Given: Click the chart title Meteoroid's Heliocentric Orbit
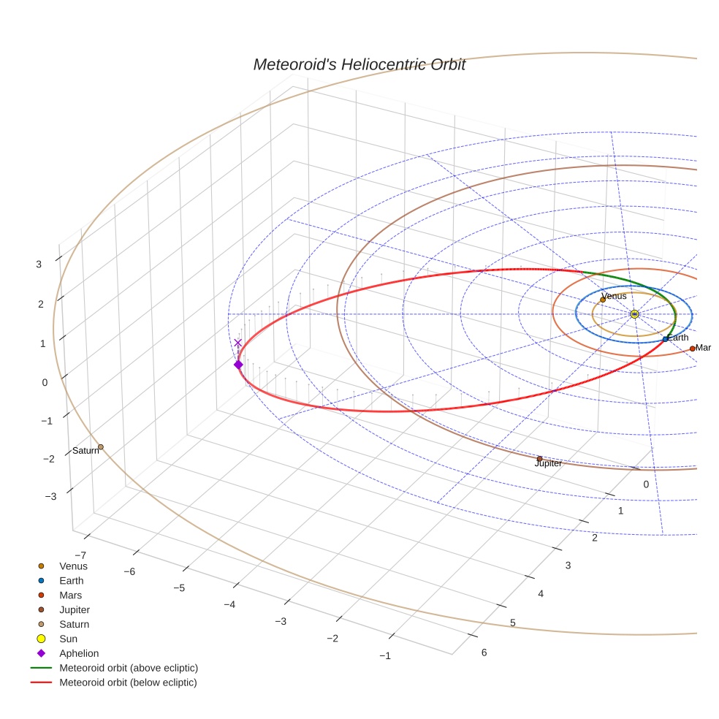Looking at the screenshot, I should coord(359,64).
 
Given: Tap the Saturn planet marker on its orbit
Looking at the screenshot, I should coord(101,447).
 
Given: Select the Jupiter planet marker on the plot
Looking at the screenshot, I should coord(540,459).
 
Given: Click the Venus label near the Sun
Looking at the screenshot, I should coord(614,296).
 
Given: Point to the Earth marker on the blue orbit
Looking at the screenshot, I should coord(665,339).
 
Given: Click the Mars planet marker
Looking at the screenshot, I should coord(693,349).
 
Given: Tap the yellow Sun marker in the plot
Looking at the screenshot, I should coord(634,314).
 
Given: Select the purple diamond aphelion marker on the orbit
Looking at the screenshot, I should coord(238,365).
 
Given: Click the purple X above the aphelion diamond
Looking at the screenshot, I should coord(237,342).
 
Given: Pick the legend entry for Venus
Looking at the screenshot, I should coord(73,566).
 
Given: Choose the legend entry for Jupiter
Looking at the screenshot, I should coord(75,609).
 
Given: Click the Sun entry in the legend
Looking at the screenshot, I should coord(68,639).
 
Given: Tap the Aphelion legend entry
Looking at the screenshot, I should coord(79,653).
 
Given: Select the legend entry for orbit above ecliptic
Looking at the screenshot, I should coord(129,668).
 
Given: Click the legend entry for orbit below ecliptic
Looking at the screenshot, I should coord(128,682).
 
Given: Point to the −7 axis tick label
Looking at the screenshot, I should coord(85,555).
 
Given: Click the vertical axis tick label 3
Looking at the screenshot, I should coord(39,265).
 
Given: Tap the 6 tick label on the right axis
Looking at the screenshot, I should coord(484,653).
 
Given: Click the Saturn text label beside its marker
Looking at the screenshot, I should coord(85,451).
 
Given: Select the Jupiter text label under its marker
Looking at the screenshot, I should coord(548,464).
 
